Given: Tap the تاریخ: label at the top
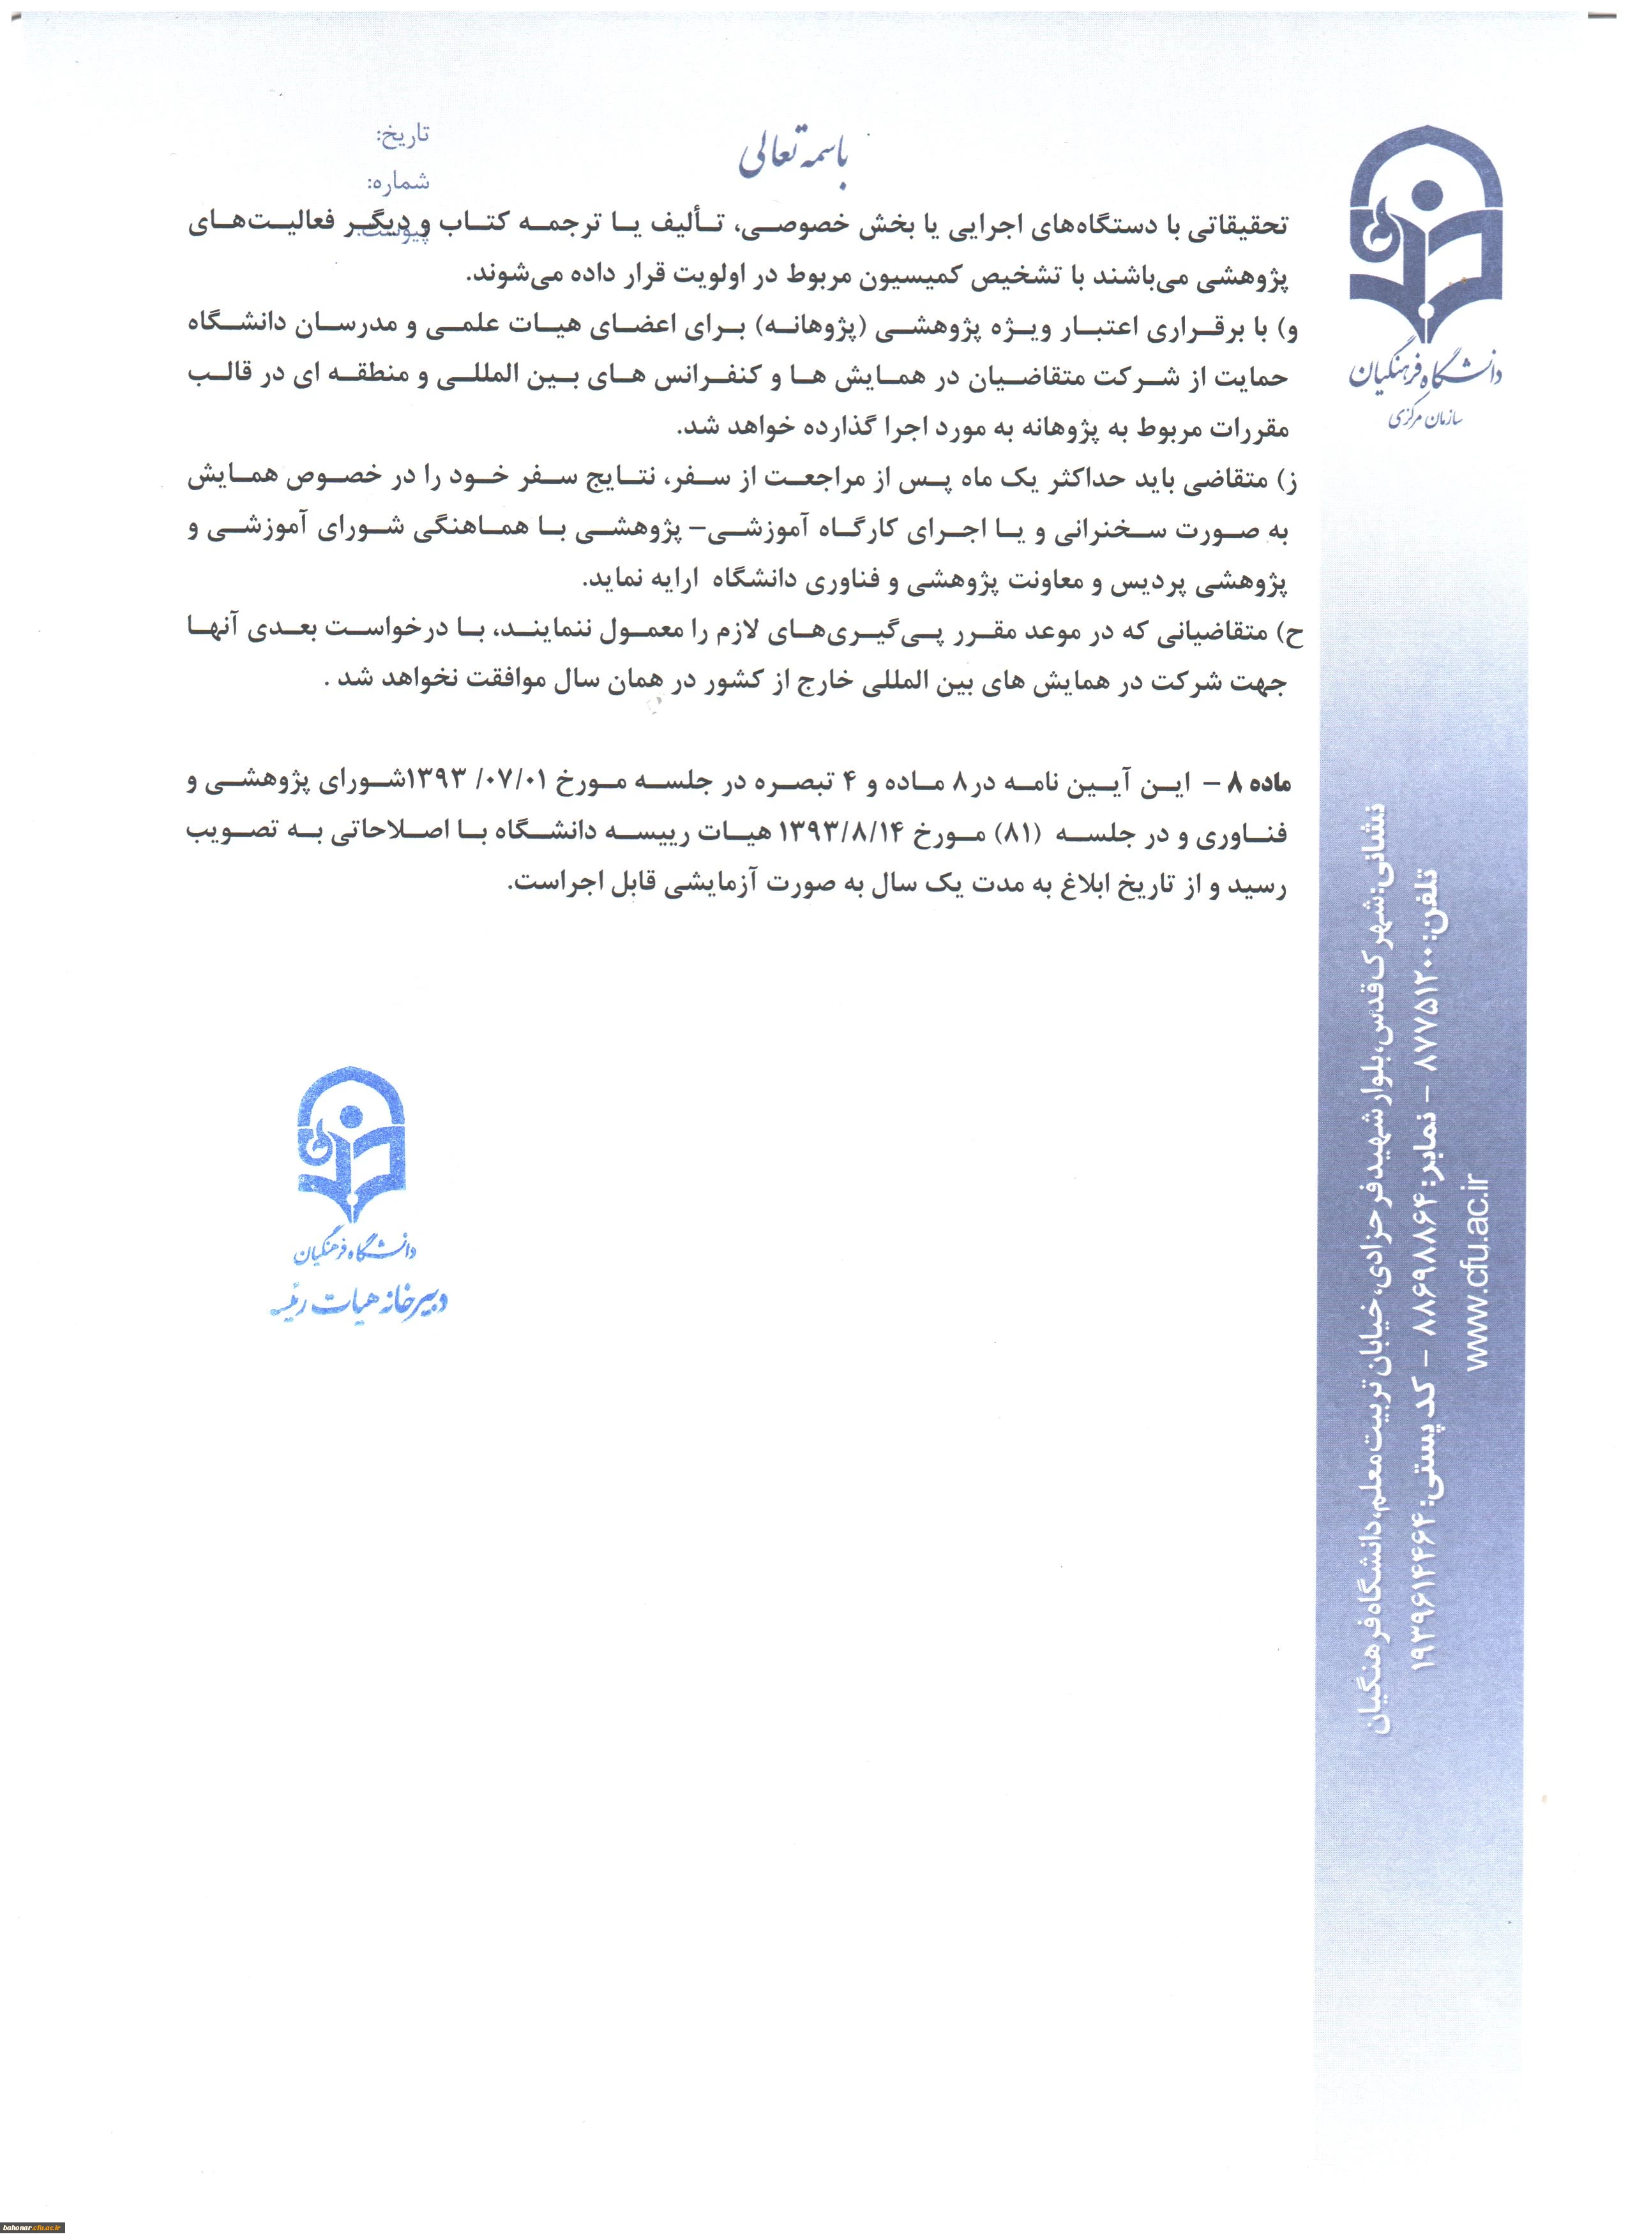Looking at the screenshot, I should click(x=403, y=135).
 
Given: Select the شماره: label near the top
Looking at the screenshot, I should click(x=399, y=182).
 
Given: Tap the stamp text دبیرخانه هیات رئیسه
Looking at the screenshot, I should click(x=359, y=1304).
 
